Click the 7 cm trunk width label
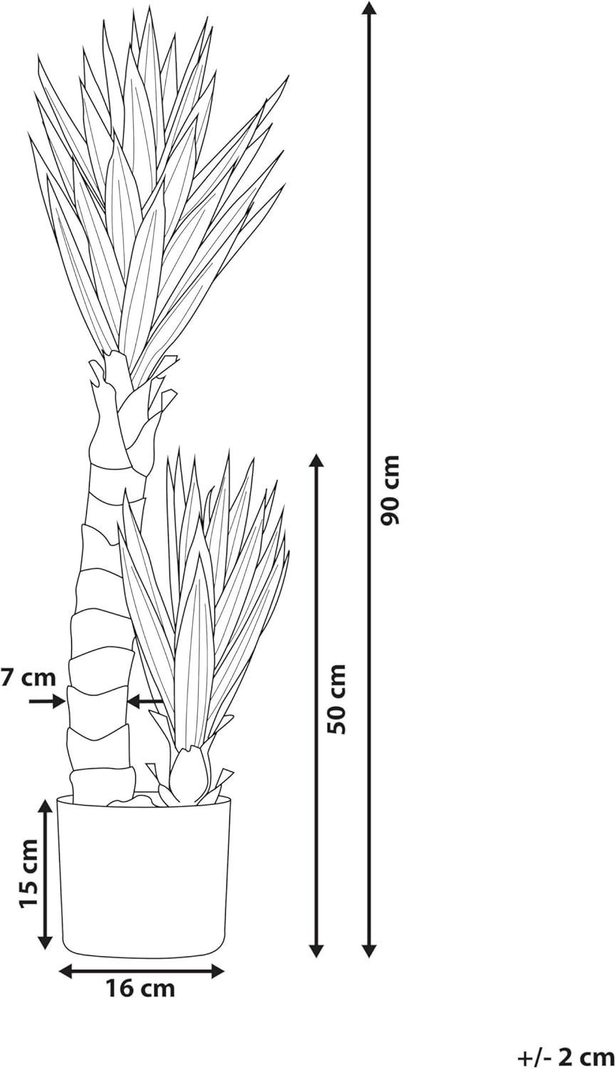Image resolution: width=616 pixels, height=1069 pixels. [x=28, y=677]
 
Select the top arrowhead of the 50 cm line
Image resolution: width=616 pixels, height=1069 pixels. [x=315, y=463]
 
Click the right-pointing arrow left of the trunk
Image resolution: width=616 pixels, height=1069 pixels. [x=47, y=701]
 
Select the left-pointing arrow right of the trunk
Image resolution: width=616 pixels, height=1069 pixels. [x=145, y=701]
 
